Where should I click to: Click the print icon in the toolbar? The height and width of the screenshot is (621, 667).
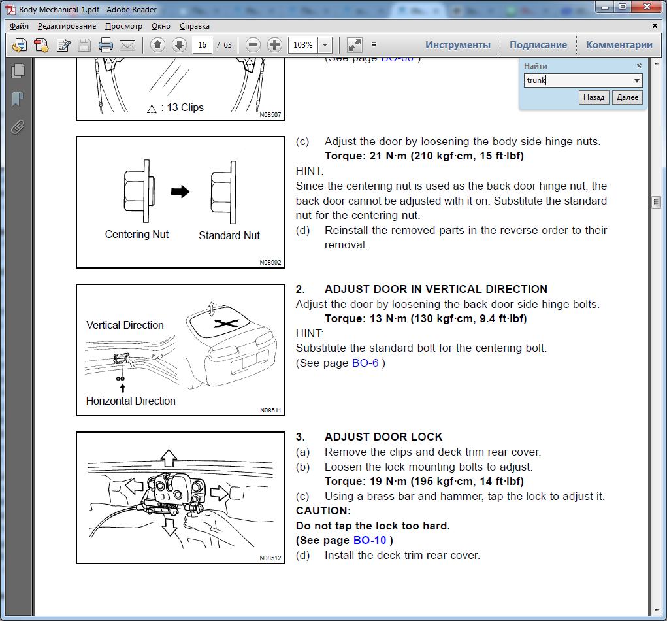point(105,44)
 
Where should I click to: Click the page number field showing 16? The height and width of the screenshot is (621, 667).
point(202,44)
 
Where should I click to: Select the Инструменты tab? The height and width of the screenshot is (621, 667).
point(458,44)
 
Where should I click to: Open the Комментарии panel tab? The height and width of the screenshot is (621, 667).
point(619,44)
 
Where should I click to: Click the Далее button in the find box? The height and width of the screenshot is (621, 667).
point(627,97)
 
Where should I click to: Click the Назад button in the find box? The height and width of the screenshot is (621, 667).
point(594,97)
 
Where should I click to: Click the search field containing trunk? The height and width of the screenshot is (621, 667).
point(579,80)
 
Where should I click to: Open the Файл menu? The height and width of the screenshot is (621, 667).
point(19,26)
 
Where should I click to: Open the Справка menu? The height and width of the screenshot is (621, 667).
point(195,26)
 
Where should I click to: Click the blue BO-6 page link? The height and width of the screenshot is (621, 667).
point(365,363)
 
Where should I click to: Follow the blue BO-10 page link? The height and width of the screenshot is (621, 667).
point(370,540)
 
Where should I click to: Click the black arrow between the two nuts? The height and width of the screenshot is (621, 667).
point(180,192)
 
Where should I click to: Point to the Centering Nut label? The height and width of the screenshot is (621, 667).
point(137,235)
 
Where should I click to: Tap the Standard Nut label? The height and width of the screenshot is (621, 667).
point(229,235)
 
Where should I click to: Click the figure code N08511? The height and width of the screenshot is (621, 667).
point(270,411)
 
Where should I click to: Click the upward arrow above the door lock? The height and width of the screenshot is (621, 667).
point(169,458)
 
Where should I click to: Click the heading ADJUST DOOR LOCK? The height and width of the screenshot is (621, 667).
point(383,437)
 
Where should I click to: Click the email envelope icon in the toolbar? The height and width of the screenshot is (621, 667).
point(127,44)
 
